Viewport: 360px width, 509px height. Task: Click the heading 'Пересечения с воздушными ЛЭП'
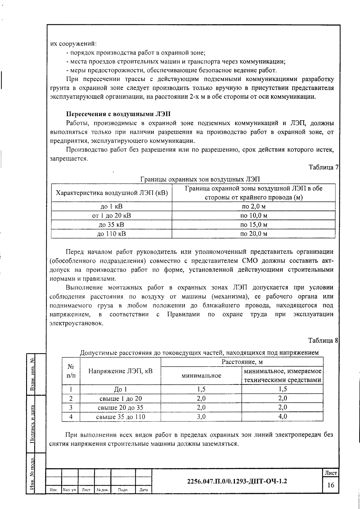(118, 114)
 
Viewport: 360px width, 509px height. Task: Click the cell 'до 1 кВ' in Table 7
(111, 206)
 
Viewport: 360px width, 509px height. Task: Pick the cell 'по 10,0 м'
(253, 215)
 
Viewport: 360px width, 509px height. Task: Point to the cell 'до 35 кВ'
(111, 225)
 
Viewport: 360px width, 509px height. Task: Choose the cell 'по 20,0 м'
(253, 234)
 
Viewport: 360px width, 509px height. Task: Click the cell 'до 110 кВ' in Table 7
(111, 234)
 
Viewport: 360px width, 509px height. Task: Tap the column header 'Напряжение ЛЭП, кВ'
(120, 371)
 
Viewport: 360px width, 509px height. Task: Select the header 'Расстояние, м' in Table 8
(242, 362)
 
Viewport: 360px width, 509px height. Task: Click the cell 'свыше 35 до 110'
(120, 417)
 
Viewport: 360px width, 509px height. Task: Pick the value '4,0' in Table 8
(282, 416)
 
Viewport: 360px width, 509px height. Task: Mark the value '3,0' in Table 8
(201, 416)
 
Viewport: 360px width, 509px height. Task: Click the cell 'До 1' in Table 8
(120, 389)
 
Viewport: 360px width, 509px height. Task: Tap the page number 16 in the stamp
(331, 485)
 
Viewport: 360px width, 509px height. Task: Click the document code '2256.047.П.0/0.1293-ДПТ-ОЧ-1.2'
(237, 481)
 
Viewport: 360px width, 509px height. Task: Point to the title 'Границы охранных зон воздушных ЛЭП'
(200, 179)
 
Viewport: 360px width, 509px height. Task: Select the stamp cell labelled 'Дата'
(143, 490)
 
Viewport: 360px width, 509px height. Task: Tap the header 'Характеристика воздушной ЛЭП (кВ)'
(112, 193)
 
